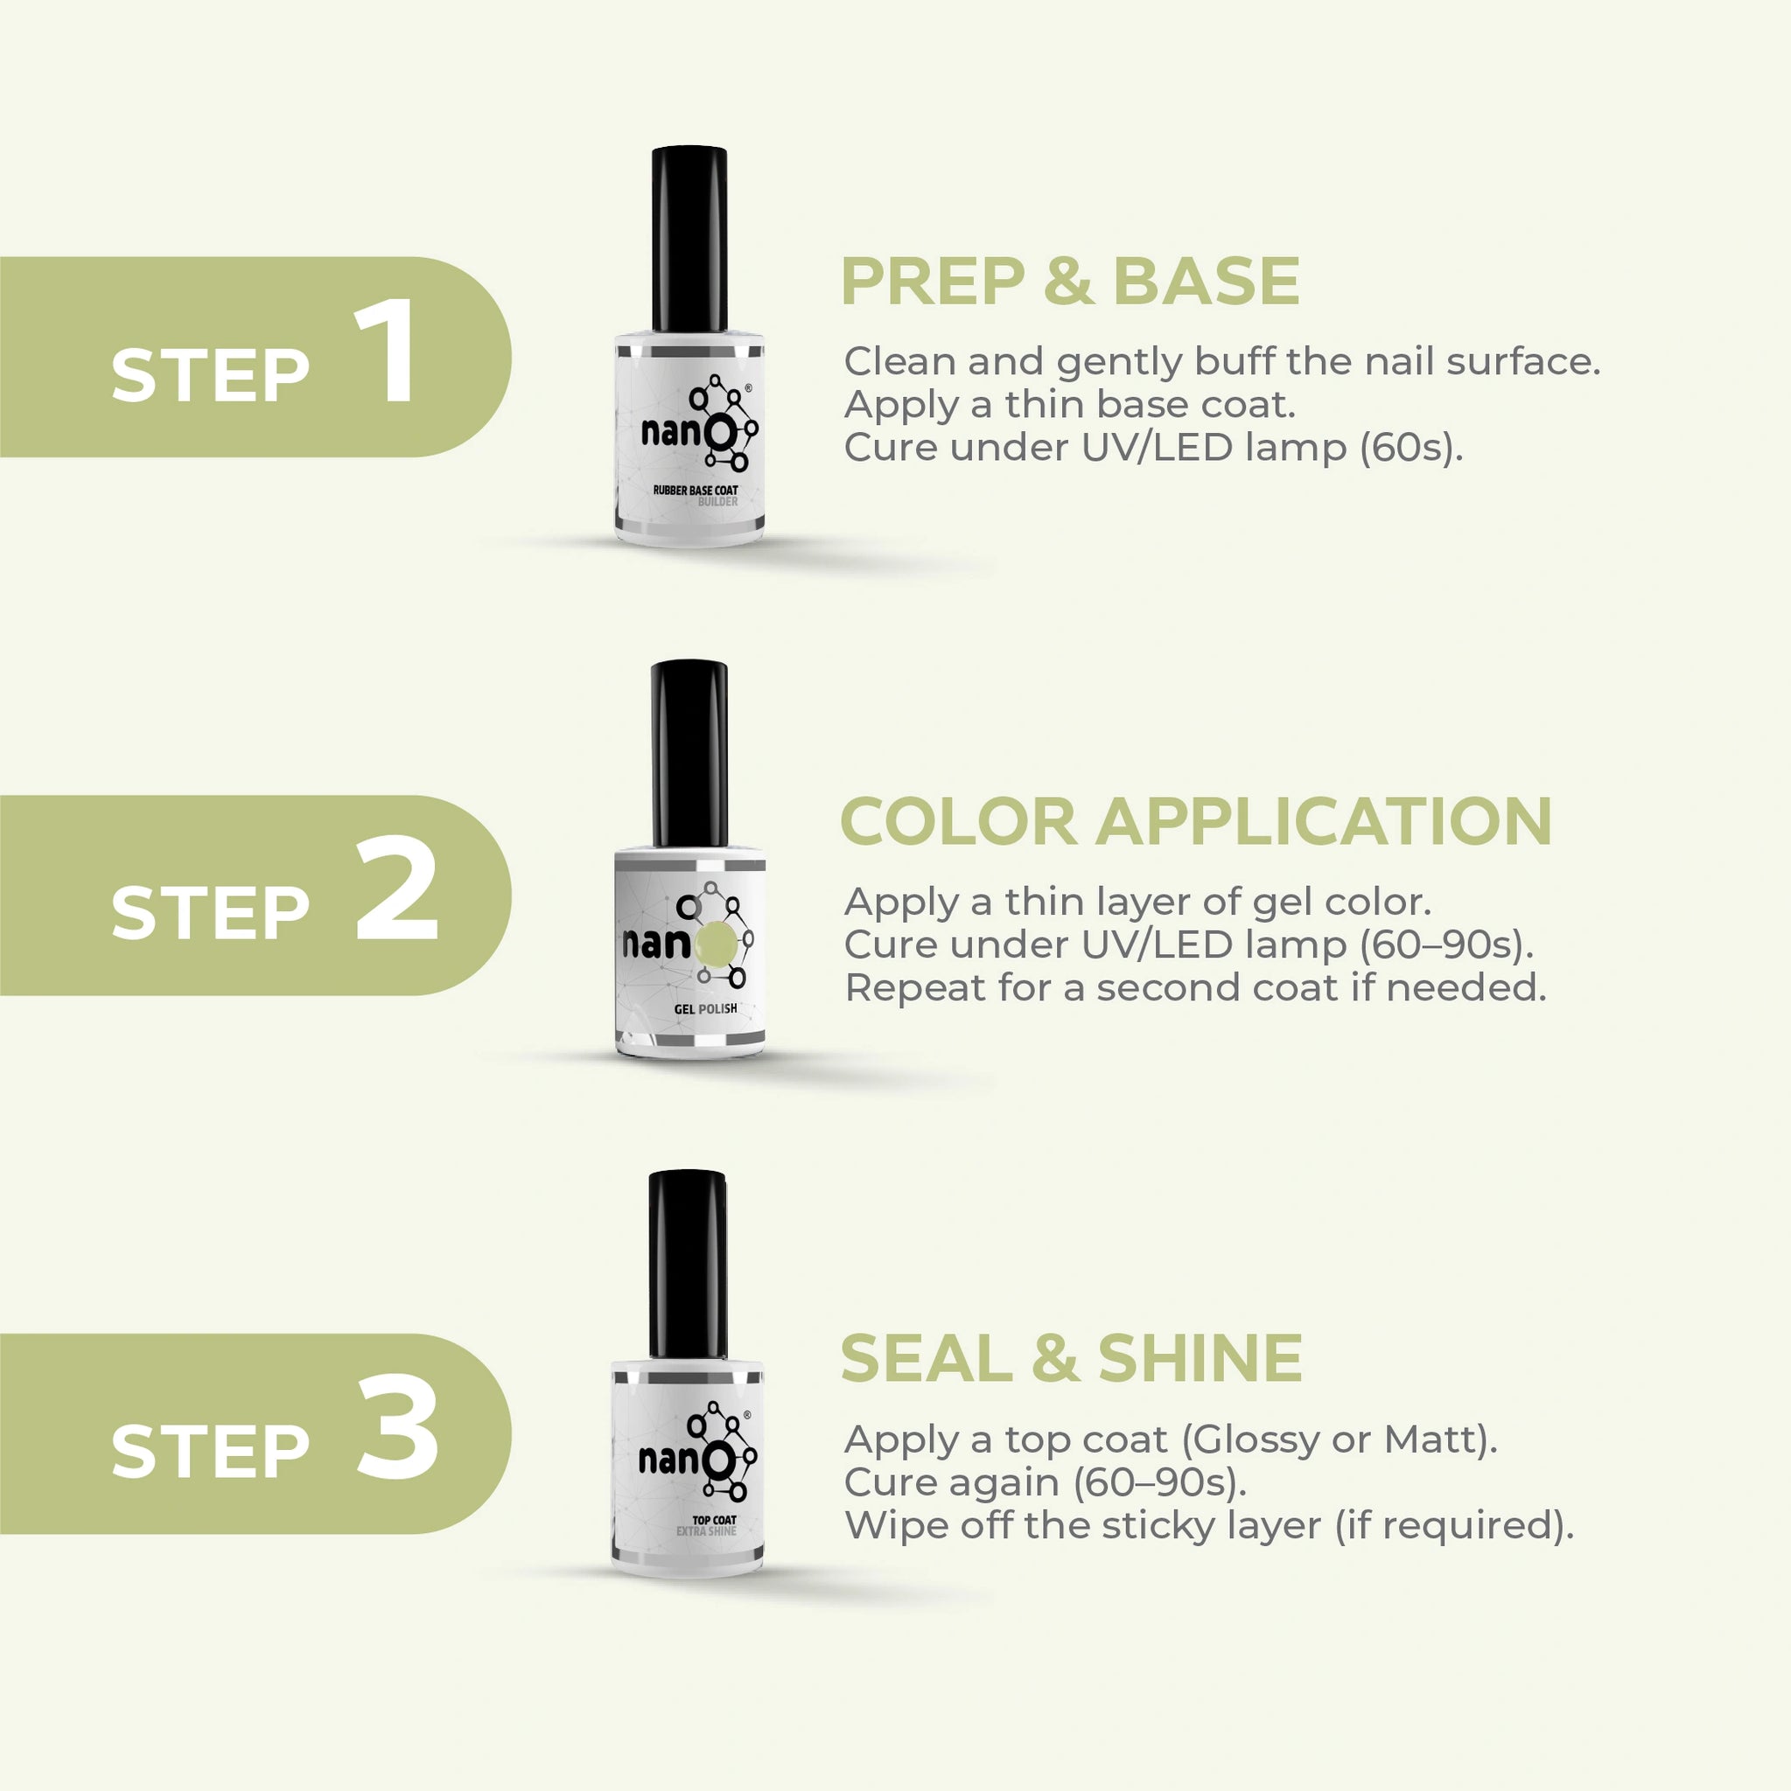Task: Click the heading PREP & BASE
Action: [1069, 281]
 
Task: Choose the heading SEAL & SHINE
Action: [1071, 1358]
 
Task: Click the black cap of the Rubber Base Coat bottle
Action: [689, 238]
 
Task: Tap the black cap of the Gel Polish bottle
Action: [689, 753]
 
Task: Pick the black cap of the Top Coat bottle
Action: [688, 1265]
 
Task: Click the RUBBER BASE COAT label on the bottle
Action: [696, 490]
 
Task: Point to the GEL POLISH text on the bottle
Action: [706, 1008]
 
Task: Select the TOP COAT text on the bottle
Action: [714, 1519]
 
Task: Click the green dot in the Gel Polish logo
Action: [715, 944]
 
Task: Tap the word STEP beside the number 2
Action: [211, 912]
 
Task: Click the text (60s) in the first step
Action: [1411, 448]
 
